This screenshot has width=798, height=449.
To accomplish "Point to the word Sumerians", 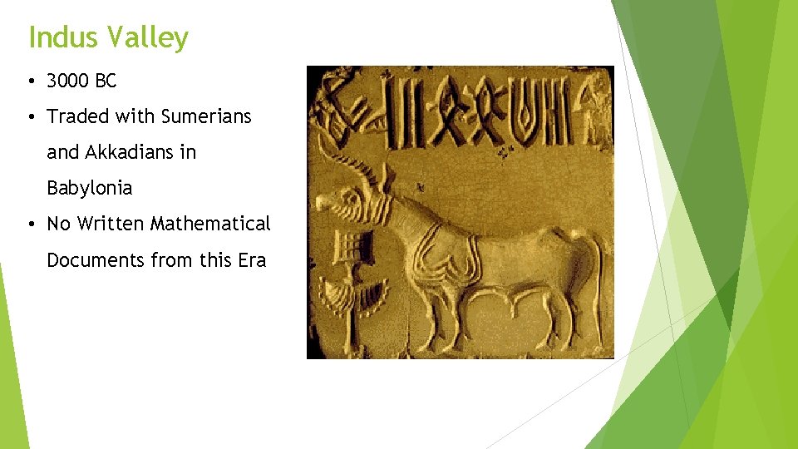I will tap(206, 116).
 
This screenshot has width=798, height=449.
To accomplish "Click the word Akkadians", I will tap(131, 152).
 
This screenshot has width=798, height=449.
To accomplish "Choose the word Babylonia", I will tap(89, 188).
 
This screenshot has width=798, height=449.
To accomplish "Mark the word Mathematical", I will tap(210, 224).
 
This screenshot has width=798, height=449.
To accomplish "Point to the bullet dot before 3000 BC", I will tap(31, 81).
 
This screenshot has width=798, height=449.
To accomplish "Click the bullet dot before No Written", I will tap(31, 224).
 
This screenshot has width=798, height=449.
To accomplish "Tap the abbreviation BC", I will tap(106, 81).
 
